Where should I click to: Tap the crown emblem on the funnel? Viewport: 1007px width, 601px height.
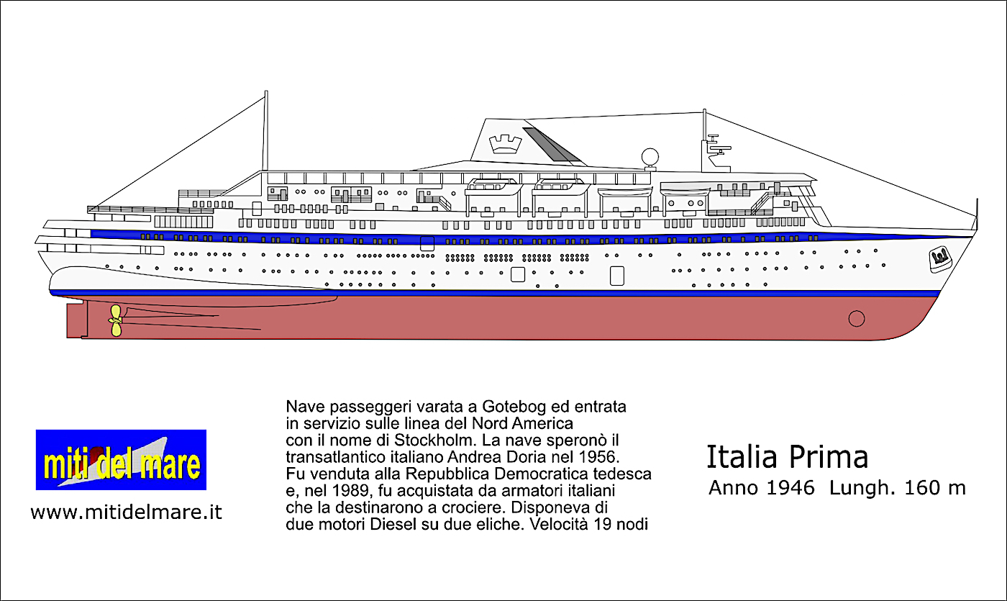(498, 143)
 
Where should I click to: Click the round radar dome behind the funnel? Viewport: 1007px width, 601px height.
(650, 155)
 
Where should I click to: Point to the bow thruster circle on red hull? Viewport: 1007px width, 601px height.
(856, 317)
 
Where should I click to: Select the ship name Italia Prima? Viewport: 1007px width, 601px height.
(787, 457)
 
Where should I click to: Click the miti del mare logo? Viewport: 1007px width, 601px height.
(121, 460)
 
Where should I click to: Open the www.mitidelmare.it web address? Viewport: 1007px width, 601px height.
(126, 512)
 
